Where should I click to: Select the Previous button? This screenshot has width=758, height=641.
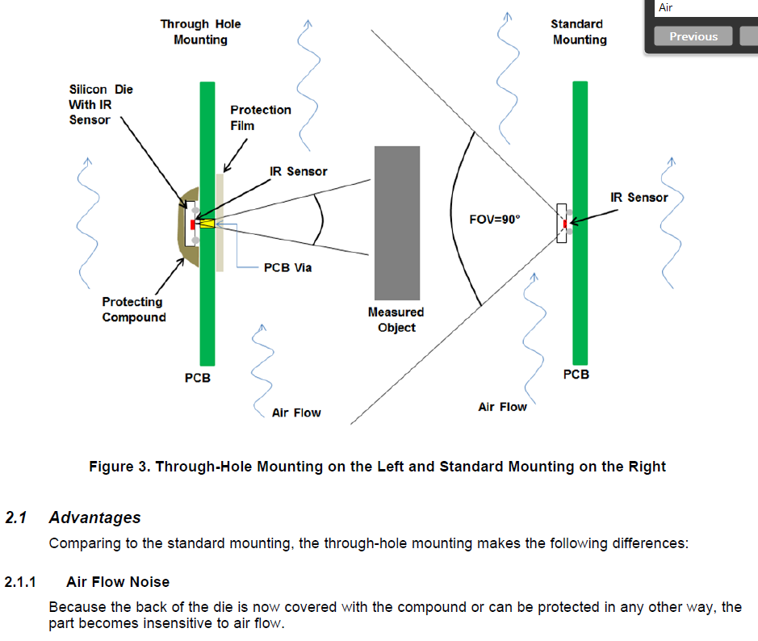pyautogui.click(x=693, y=36)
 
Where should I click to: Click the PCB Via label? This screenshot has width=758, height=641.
pyautogui.click(x=287, y=267)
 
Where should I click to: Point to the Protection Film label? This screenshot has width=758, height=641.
pyautogui.click(x=260, y=117)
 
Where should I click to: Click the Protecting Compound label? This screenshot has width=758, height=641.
pyautogui.click(x=133, y=309)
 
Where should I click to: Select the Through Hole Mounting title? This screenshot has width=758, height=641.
pyautogui.click(x=200, y=31)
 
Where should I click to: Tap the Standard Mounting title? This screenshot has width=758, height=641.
pyautogui.click(x=579, y=31)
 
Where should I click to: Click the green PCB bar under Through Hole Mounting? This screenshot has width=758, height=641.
pyautogui.click(x=207, y=307)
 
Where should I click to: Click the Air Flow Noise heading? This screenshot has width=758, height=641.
pyautogui.click(x=118, y=581)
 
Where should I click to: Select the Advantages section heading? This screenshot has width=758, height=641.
pyautogui.click(x=94, y=518)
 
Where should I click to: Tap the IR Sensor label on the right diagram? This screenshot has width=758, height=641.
pyautogui.click(x=639, y=197)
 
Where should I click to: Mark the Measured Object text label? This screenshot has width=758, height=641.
pyautogui.click(x=396, y=319)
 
